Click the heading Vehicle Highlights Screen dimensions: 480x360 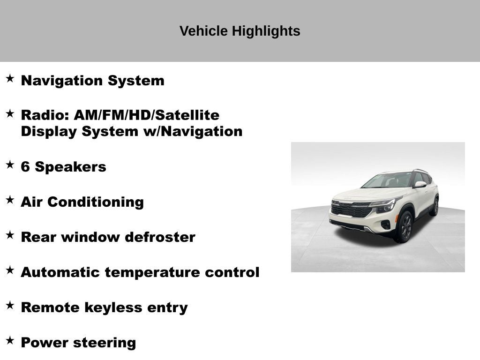(240, 31)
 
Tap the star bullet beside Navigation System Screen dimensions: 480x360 (10, 78)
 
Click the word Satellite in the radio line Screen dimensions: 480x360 (187, 115)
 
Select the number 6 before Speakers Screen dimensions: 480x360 (25, 167)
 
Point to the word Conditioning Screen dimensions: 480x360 (96, 202)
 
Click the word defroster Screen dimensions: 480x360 (160, 237)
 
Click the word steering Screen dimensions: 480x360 (105, 343)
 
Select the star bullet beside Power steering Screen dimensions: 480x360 (10, 340)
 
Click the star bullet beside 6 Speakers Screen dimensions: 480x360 (10, 165)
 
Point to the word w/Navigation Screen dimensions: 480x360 (193, 132)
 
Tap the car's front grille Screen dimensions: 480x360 (351, 210)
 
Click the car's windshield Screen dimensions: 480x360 (387, 180)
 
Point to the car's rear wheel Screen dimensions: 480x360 (435, 206)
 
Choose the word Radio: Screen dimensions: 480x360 (45, 115)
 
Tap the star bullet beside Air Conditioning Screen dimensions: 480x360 (10, 200)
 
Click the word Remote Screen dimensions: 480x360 (50, 307)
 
